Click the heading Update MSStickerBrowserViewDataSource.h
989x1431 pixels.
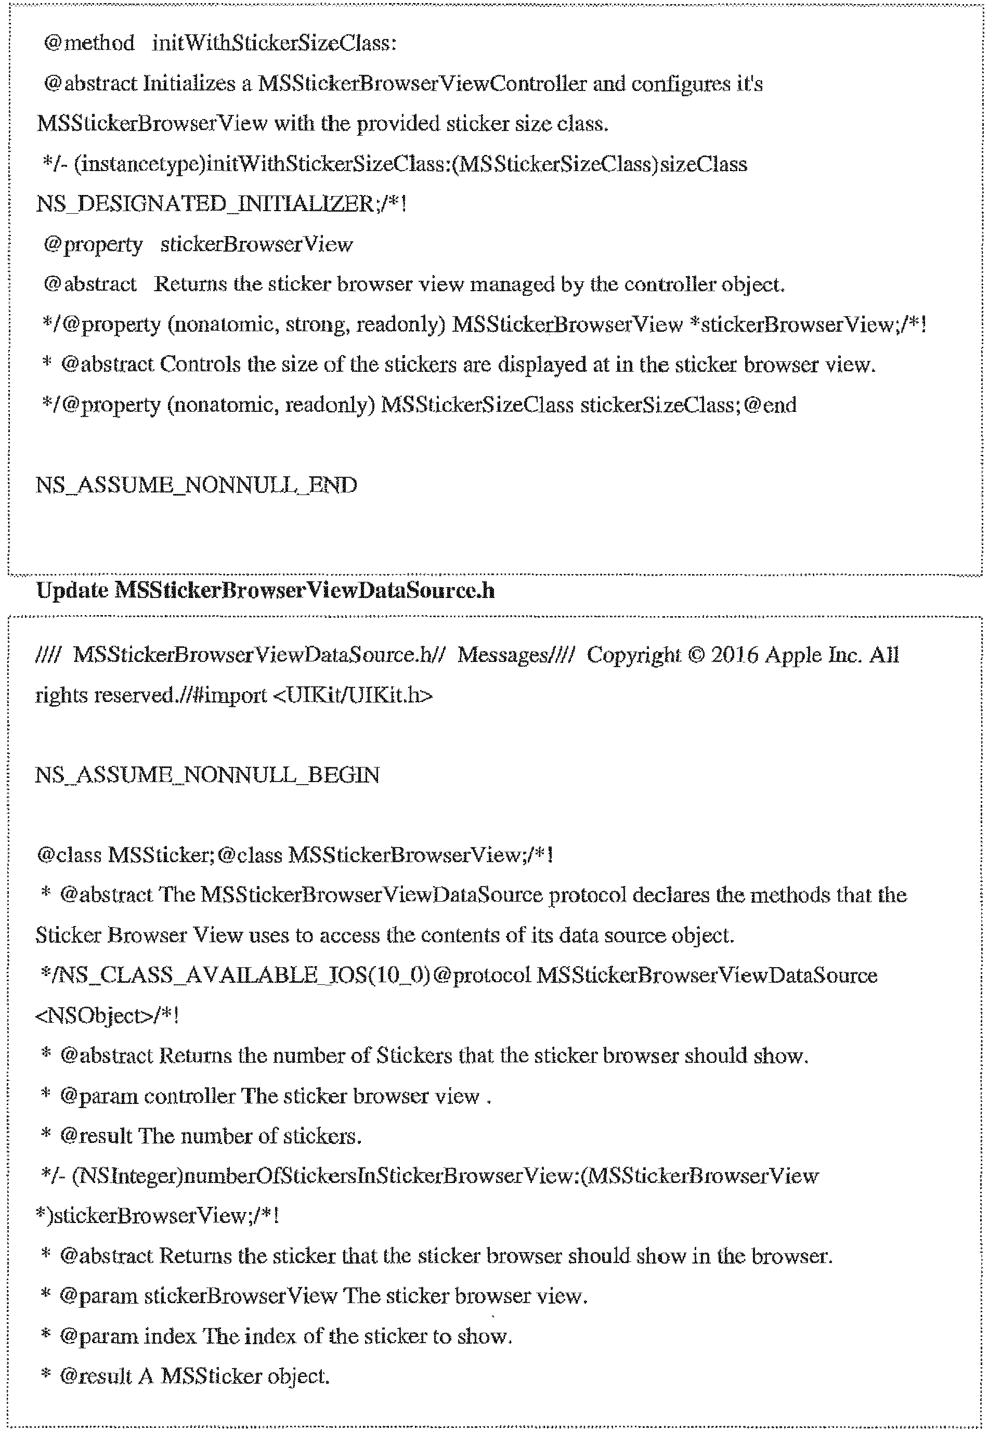click(265, 591)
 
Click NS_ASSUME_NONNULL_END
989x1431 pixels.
click(196, 485)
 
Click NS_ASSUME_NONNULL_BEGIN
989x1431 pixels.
click(207, 775)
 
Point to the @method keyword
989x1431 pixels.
click(88, 43)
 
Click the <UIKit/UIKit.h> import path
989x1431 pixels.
click(352, 695)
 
